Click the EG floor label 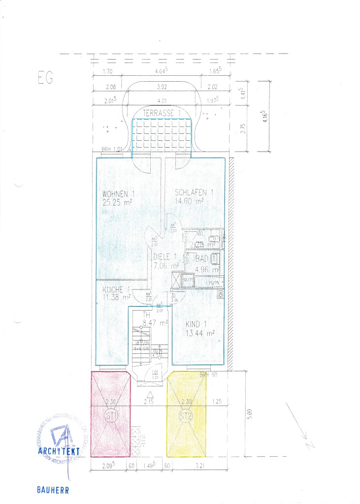coord(45,78)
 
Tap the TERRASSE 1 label coord(161,113)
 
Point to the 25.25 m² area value coord(118,202)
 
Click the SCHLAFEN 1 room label coord(194,192)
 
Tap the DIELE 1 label coord(164,256)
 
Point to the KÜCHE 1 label coord(116,289)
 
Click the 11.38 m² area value coord(116,297)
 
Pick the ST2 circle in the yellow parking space coord(185,416)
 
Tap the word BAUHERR coord(52,490)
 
